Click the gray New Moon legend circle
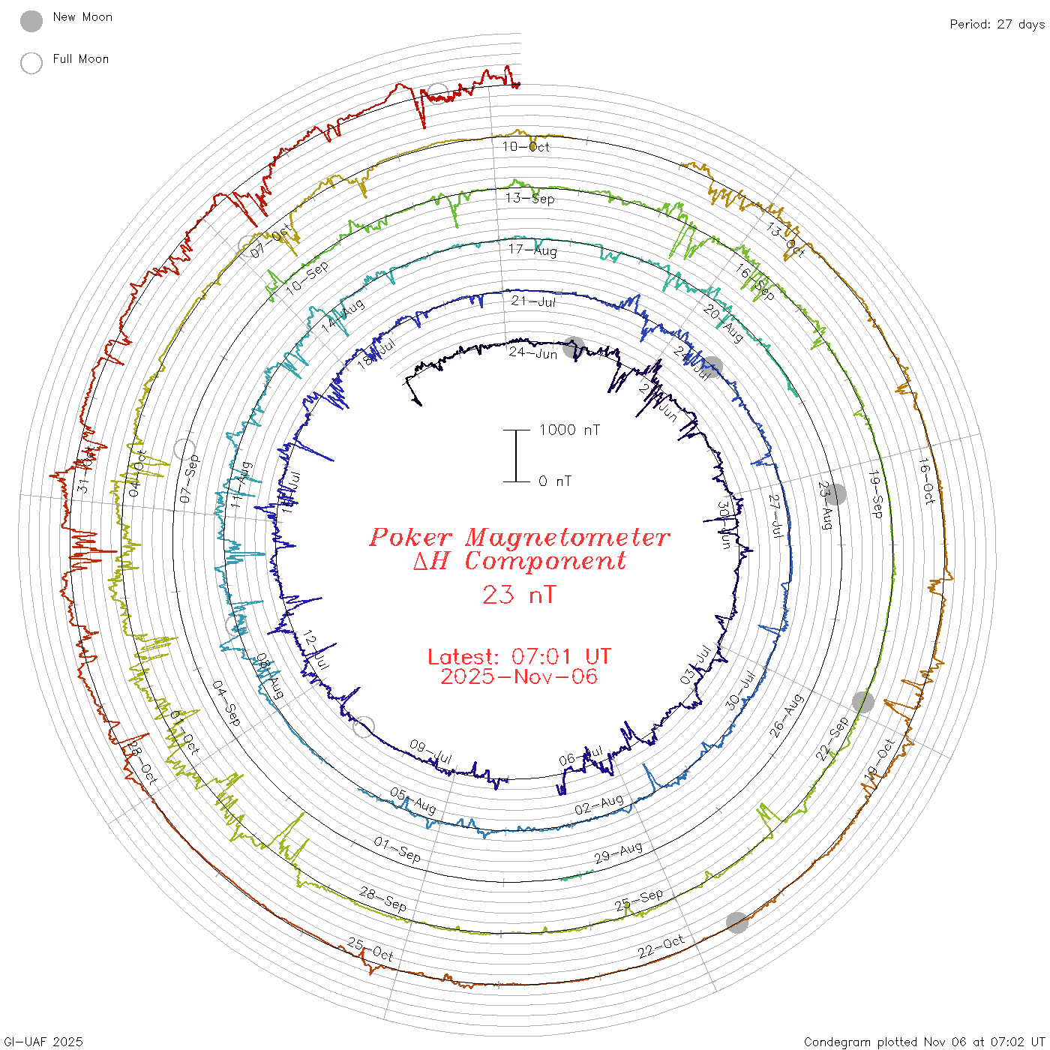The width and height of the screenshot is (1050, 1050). pyautogui.click(x=31, y=22)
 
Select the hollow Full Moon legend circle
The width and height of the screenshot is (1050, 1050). pyautogui.click(x=31, y=63)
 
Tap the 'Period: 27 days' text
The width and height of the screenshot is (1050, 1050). pyautogui.click(x=997, y=24)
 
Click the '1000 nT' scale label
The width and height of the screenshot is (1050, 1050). pyautogui.click(x=569, y=430)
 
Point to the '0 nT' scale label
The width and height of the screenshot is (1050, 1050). pyautogui.click(x=555, y=481)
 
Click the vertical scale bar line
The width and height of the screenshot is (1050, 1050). pyautogui.click(x=516, y=455)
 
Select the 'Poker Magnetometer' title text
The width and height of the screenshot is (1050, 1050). pyautogui.click(x=519, y=537)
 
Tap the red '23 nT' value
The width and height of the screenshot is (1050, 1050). pyautogui.click(x=519, y=595)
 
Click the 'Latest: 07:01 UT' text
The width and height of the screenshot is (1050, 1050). pyautogui.click(x=519, y=657)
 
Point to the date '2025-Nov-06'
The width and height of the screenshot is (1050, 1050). pyautogui.click(x=519, y=676)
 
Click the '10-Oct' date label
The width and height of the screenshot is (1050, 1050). pyautogui.click(x=526, y=147)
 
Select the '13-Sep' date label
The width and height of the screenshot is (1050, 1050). pyautogui.click(x=529, y=199)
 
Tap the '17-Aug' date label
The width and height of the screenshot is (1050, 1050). pyautogui.click(x=532, y=250)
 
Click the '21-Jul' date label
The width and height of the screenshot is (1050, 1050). pyautogui.click(x=534, y=301)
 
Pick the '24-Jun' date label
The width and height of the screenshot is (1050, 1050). pyautogui.click(x=533, y=352)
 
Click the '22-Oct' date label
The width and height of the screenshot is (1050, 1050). pyautogui.click(x=661, y=947)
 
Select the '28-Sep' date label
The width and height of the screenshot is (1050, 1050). pyautogui.click(x=383, y=899)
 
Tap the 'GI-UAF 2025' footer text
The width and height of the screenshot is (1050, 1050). pyautogui.click(x=43, y=1042)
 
